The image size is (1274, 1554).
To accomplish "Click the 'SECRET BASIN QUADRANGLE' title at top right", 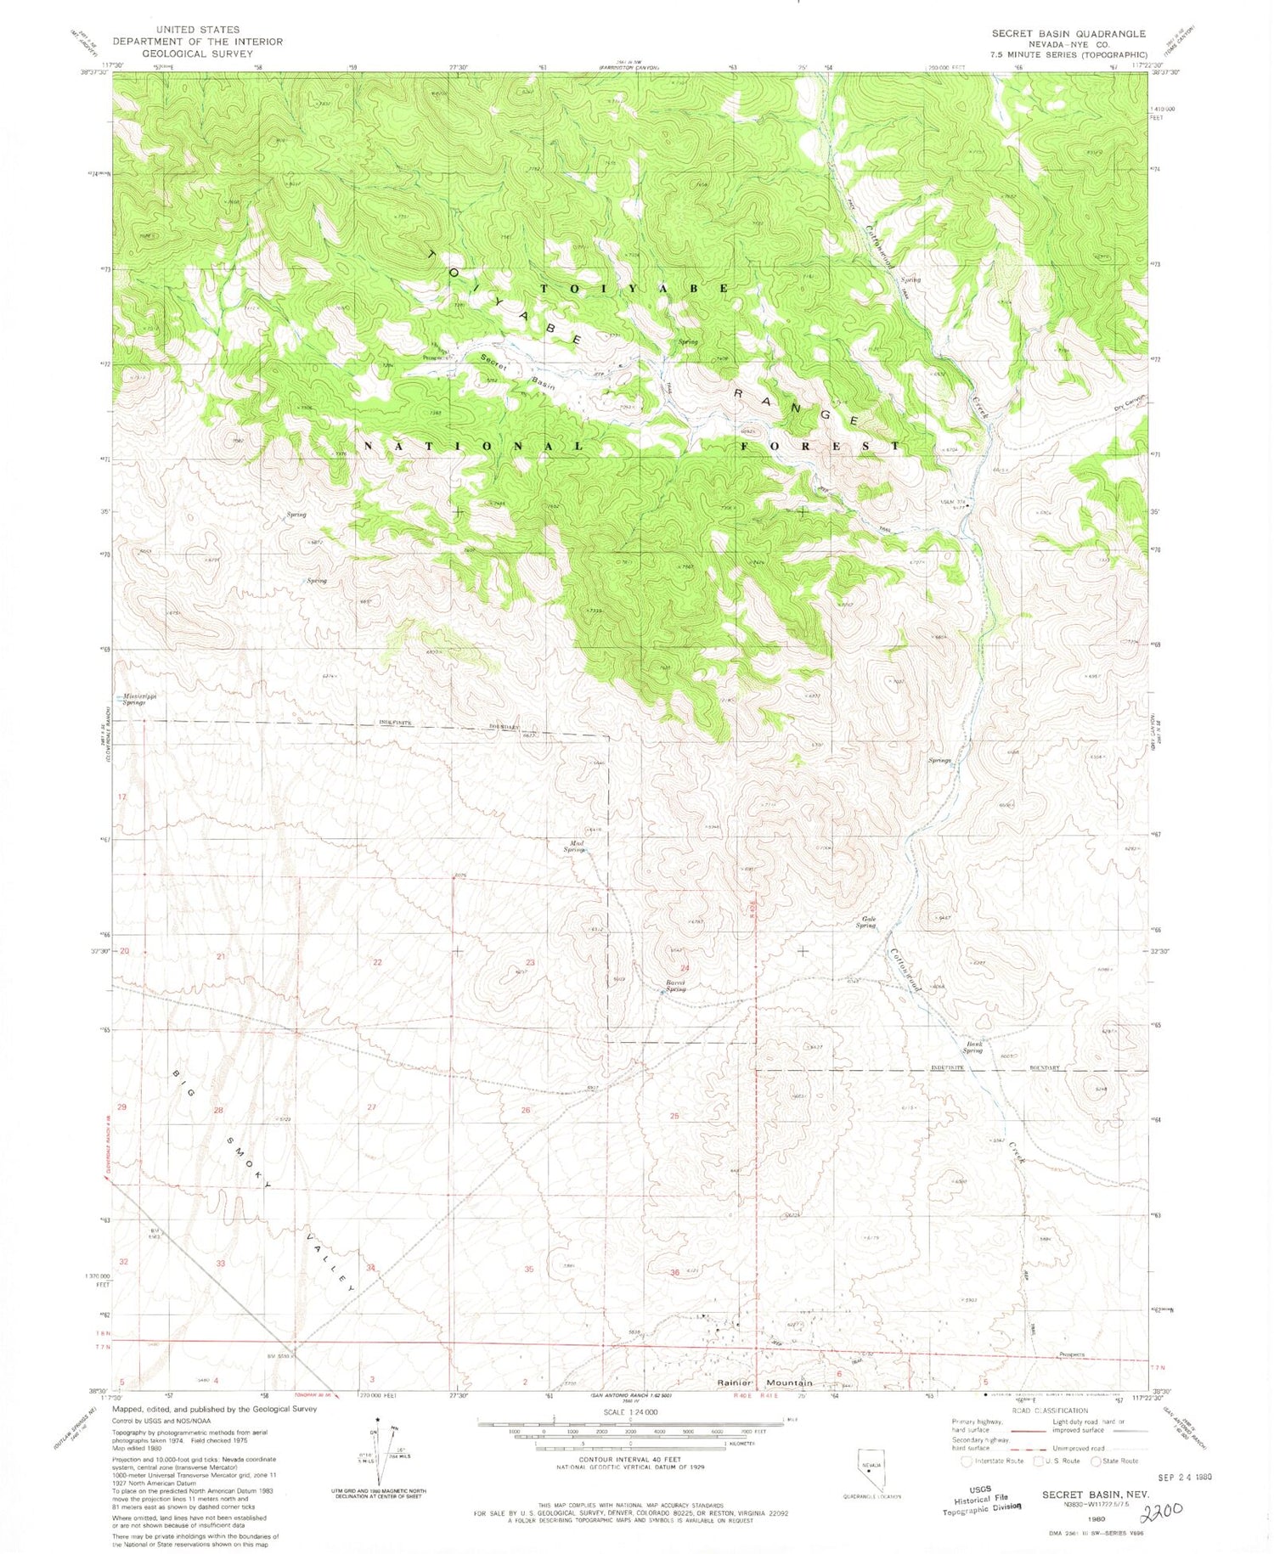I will (1068, 34).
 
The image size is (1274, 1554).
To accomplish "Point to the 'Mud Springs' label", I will (575, 846).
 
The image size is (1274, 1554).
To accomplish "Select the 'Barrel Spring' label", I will (675, 987).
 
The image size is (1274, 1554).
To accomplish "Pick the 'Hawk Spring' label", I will (972, 1047).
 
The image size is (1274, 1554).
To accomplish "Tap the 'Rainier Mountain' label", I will (764, 1383).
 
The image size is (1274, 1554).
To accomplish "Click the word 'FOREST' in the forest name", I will (821, 446).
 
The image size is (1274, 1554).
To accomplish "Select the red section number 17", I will (122, 797).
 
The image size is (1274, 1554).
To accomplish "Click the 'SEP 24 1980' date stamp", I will (1179, 1476).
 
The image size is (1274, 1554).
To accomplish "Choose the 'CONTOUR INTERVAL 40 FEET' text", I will (631, 1460).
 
